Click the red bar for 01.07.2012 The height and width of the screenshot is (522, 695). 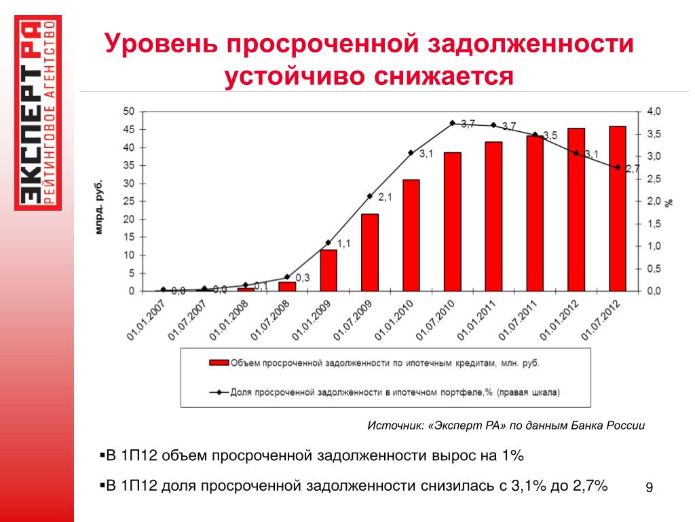[x=618, y=209]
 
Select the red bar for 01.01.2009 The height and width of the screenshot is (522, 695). [x=328, y=271]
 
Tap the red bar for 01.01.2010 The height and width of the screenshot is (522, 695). [x=411, y=235]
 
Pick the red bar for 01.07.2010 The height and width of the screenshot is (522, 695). [x=453, y=222]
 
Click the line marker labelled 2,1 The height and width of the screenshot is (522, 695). [x=370, y=196]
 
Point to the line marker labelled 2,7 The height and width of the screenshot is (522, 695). [x=618, y=167]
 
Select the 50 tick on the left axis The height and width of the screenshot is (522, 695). [x=128, y=111]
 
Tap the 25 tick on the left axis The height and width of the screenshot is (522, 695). [x=128, y=202]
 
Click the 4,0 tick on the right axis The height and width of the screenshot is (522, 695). [x=650, y=111]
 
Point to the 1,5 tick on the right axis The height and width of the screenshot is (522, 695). [x=650, y=224]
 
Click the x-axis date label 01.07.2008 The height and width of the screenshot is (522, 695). [x=269, y=319]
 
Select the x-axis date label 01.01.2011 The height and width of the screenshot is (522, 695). [x=477, y=319]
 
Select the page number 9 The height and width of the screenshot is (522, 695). [x=649, y=487]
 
